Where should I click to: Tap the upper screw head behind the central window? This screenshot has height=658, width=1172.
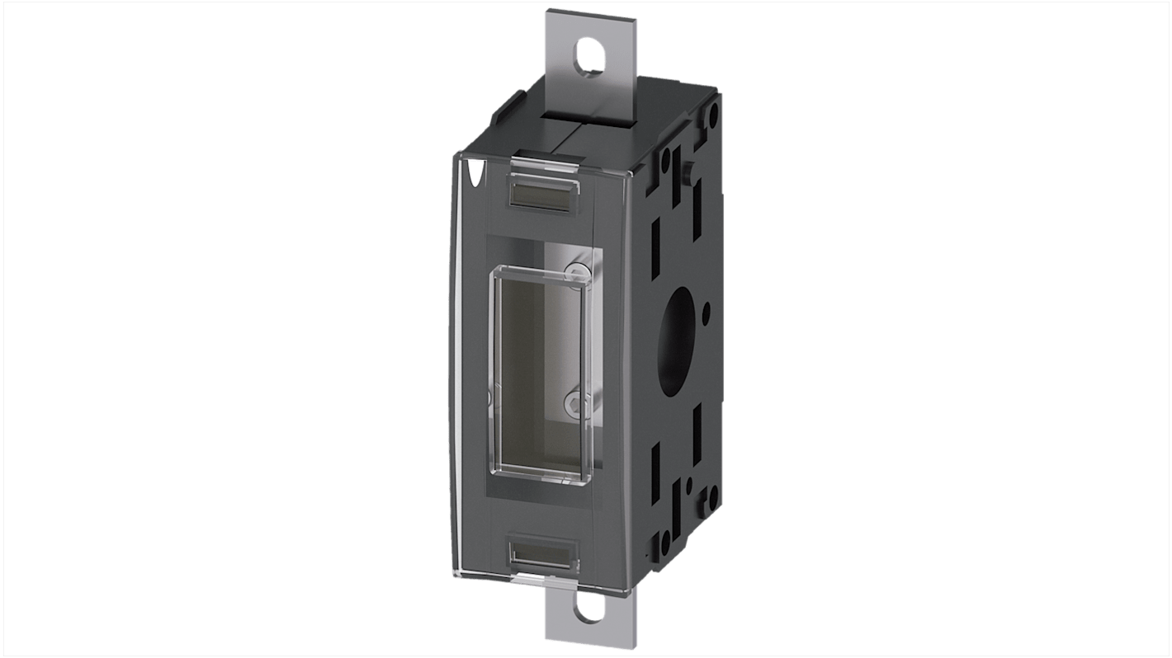click(580, 271)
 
